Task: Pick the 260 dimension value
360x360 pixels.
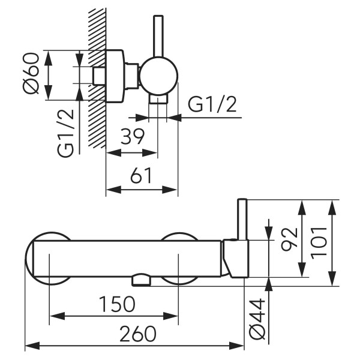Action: pyautogui.click(x=136, y=334)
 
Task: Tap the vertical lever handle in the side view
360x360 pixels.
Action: pyautogui.click(x=158, y=36)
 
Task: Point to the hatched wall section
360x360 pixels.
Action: pyautogui.click(x=96, y=78)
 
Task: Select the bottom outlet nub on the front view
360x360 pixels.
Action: pyautogui.click(x=141, y=279)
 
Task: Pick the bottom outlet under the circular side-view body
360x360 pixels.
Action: pyautogui.click(x=158, y=98)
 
